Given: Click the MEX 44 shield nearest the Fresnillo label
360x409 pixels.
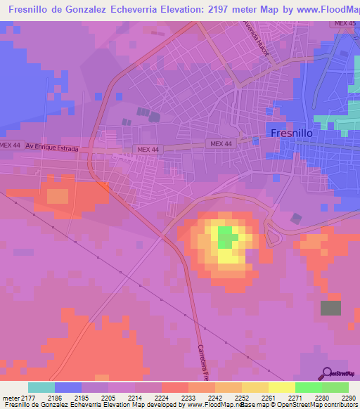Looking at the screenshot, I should coord(220,144).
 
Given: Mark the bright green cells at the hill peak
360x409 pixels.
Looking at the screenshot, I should coord(225,237).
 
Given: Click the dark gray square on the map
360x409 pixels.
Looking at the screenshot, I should coord(330,308).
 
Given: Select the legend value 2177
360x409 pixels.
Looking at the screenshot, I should coord(27,397).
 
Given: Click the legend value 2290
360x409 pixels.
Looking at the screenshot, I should coord(349,397).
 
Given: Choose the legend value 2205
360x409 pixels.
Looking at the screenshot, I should coord(108,397).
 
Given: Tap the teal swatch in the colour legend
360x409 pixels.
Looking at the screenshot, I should coord(41,387).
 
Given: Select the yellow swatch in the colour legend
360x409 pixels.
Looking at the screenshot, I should coord(281,387).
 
